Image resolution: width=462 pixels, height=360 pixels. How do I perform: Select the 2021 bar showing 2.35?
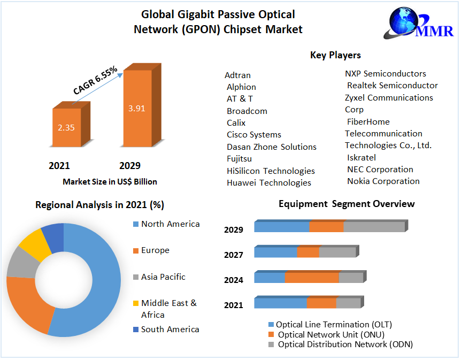click(66, 128)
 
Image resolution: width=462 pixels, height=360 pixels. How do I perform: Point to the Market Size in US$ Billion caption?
click(110, 182)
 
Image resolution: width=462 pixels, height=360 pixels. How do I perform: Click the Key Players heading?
click(335, 55)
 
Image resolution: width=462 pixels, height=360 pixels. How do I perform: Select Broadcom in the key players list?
click(247, 111)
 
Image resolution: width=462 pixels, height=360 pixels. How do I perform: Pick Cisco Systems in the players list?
click(253, 135)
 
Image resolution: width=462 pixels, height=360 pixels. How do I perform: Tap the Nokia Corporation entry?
click(383, 181)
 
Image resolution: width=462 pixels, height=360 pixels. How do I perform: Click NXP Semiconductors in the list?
click(385, 74)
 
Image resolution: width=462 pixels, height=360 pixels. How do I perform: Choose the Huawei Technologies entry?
click(268, 183)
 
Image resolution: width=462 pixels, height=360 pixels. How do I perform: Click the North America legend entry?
click(170, 224)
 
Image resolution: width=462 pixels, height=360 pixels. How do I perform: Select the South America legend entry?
click(170, 330)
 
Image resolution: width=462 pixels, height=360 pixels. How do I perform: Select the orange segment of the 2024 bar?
click(312, 278)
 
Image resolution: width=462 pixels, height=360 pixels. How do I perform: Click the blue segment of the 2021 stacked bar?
click(280, 303)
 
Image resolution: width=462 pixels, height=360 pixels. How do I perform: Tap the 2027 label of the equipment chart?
click(234, 255)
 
